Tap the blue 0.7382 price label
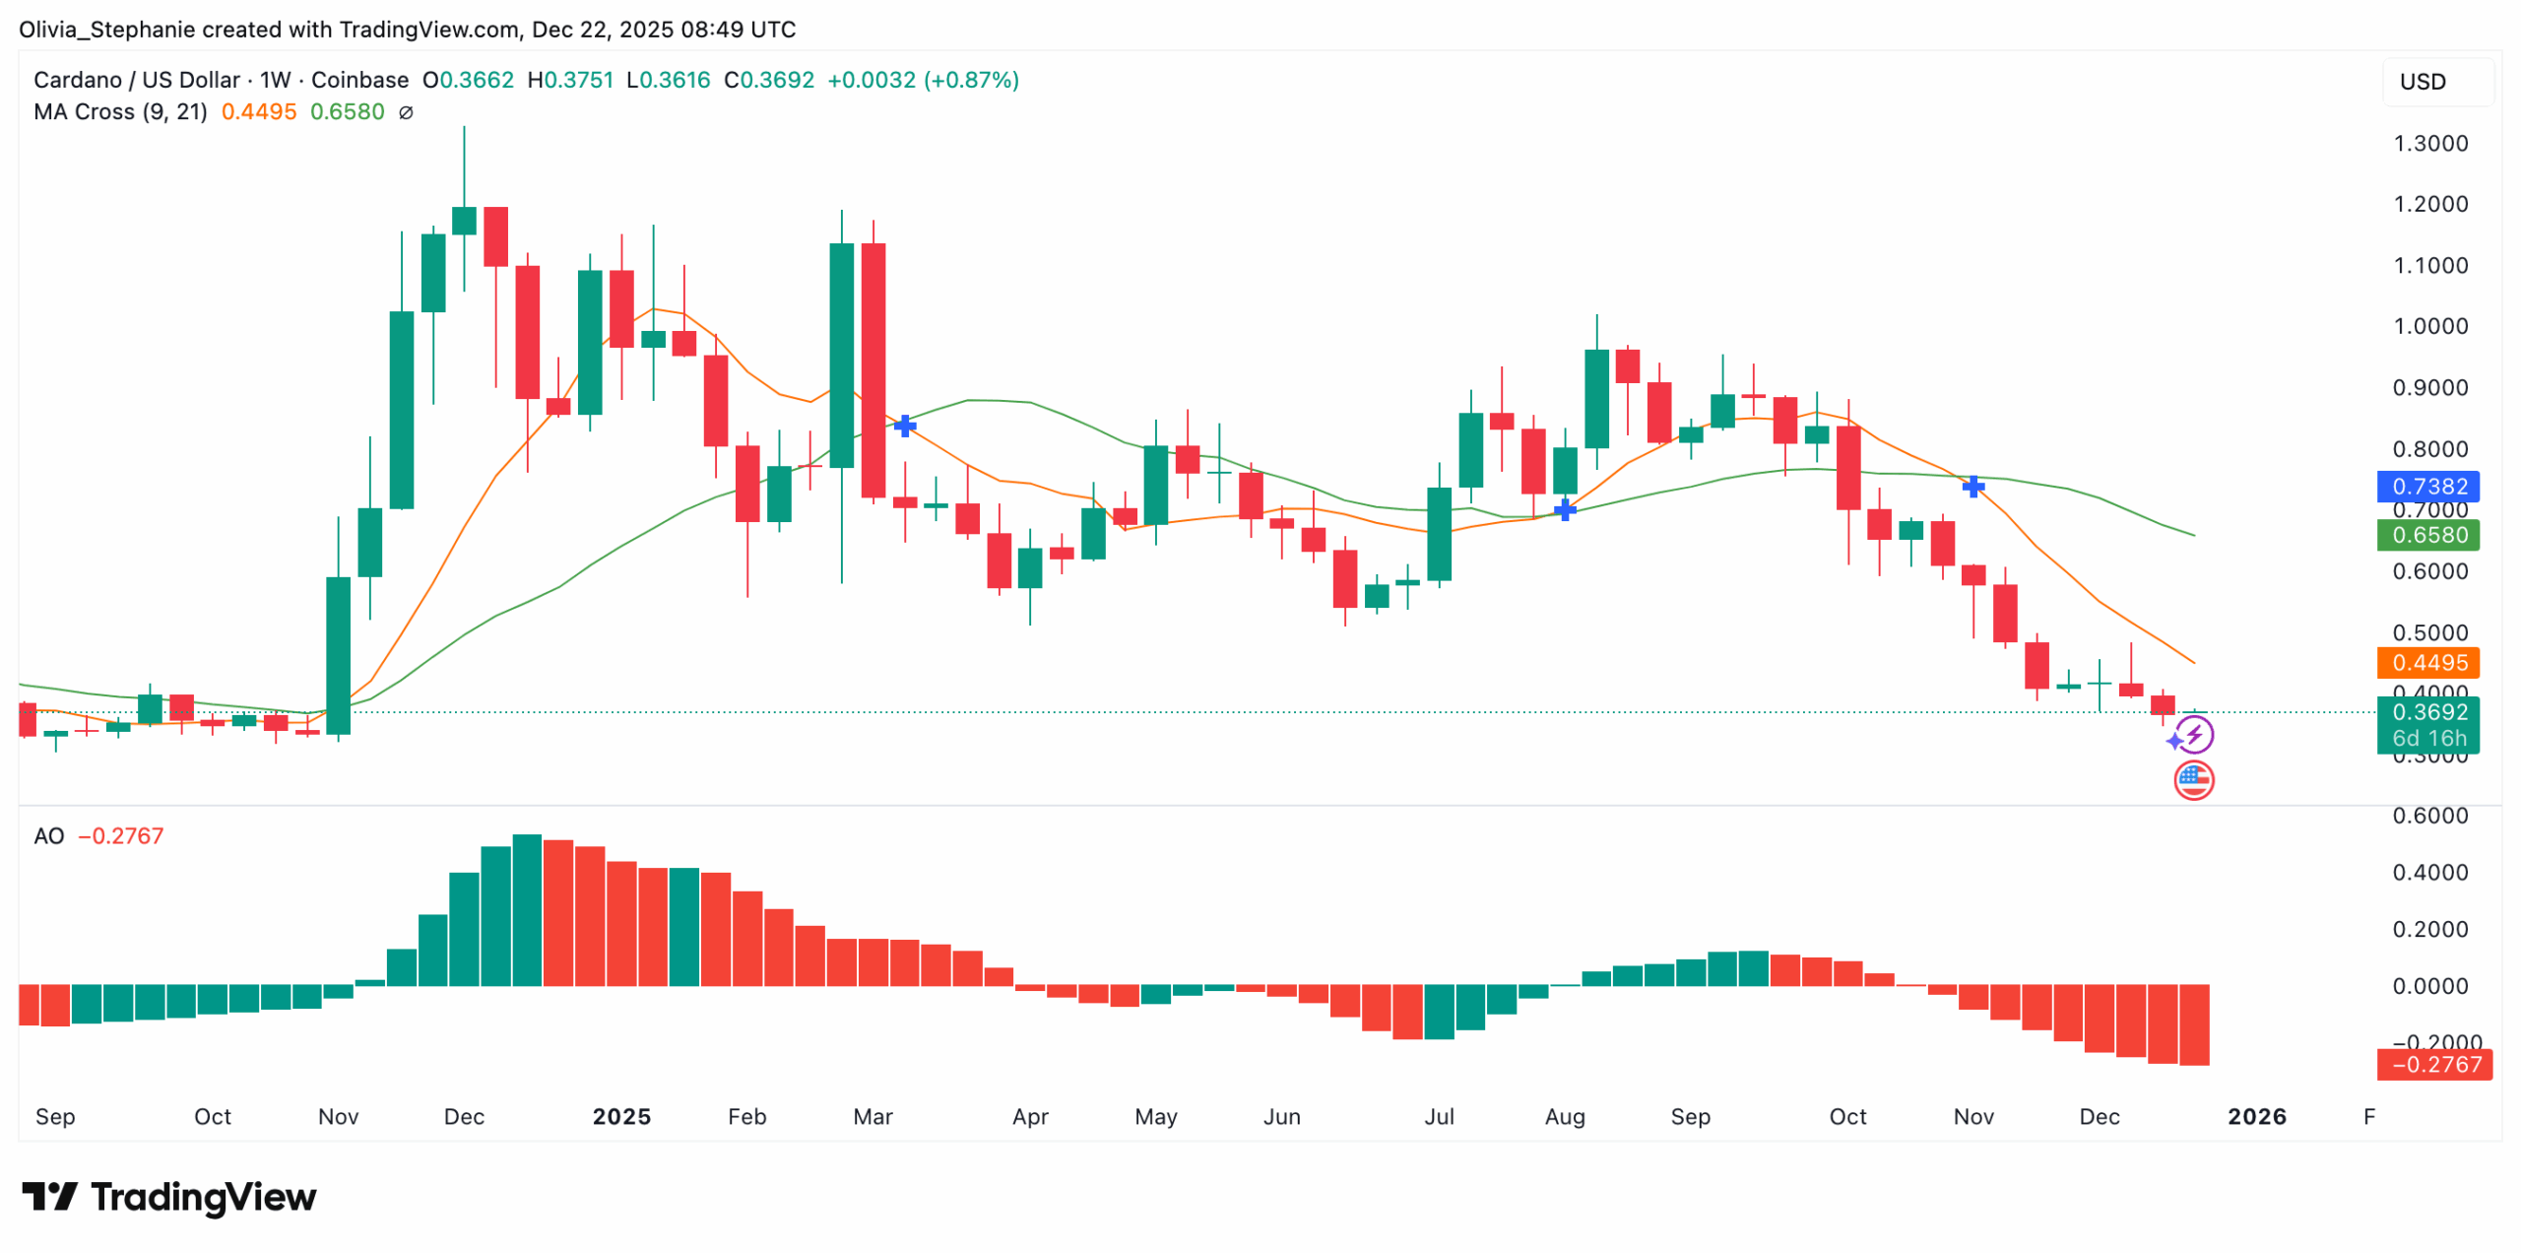click(2427, 486)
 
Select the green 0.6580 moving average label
click(2427, 535)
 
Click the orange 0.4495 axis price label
click(2427, 662)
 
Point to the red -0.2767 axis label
click(2434, 1064)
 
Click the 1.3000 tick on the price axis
click(2429, 144)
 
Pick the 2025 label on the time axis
click(621, 1116)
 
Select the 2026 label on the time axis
click(2256, 1116)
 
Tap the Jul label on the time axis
click(1439, 1116)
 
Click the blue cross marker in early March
click(904, 427)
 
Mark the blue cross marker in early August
click(1564, 509)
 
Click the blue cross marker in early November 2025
click(1972, 487)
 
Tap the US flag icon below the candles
click(2193, 780)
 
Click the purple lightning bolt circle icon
click(2195, 734)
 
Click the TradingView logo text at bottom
click(168, 1197)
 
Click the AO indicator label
click(48, 836)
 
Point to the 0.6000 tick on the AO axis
click(2429, 816)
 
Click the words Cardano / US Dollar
click(136, 80)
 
